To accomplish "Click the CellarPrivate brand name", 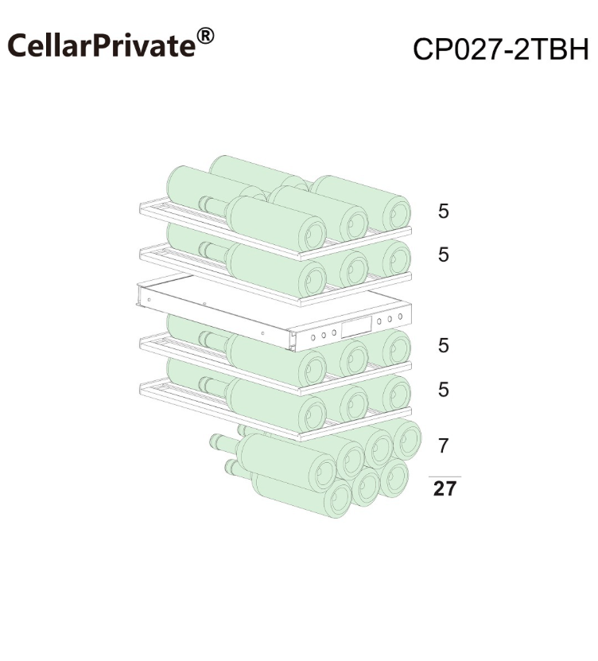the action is (102, 45).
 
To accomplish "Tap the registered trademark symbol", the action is (205, 37).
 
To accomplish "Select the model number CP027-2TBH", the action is (500, 49).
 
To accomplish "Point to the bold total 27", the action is (445, 488).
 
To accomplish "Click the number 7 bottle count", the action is (443, 445).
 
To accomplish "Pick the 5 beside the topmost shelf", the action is (444, 212).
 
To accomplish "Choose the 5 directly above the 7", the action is (444, 390).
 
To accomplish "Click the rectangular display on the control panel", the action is (356, 327).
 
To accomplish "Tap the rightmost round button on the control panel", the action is (400, 317).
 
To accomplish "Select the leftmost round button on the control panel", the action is (313, 338).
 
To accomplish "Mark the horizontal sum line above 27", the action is (445, 476).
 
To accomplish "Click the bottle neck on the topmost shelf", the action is (213, 205).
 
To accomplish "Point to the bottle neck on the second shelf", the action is (213, 251).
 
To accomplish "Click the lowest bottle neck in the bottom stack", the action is (239, 469).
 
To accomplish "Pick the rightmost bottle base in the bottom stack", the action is (407, 441).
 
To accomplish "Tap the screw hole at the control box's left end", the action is (149, 300).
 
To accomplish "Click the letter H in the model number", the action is (579, 49).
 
